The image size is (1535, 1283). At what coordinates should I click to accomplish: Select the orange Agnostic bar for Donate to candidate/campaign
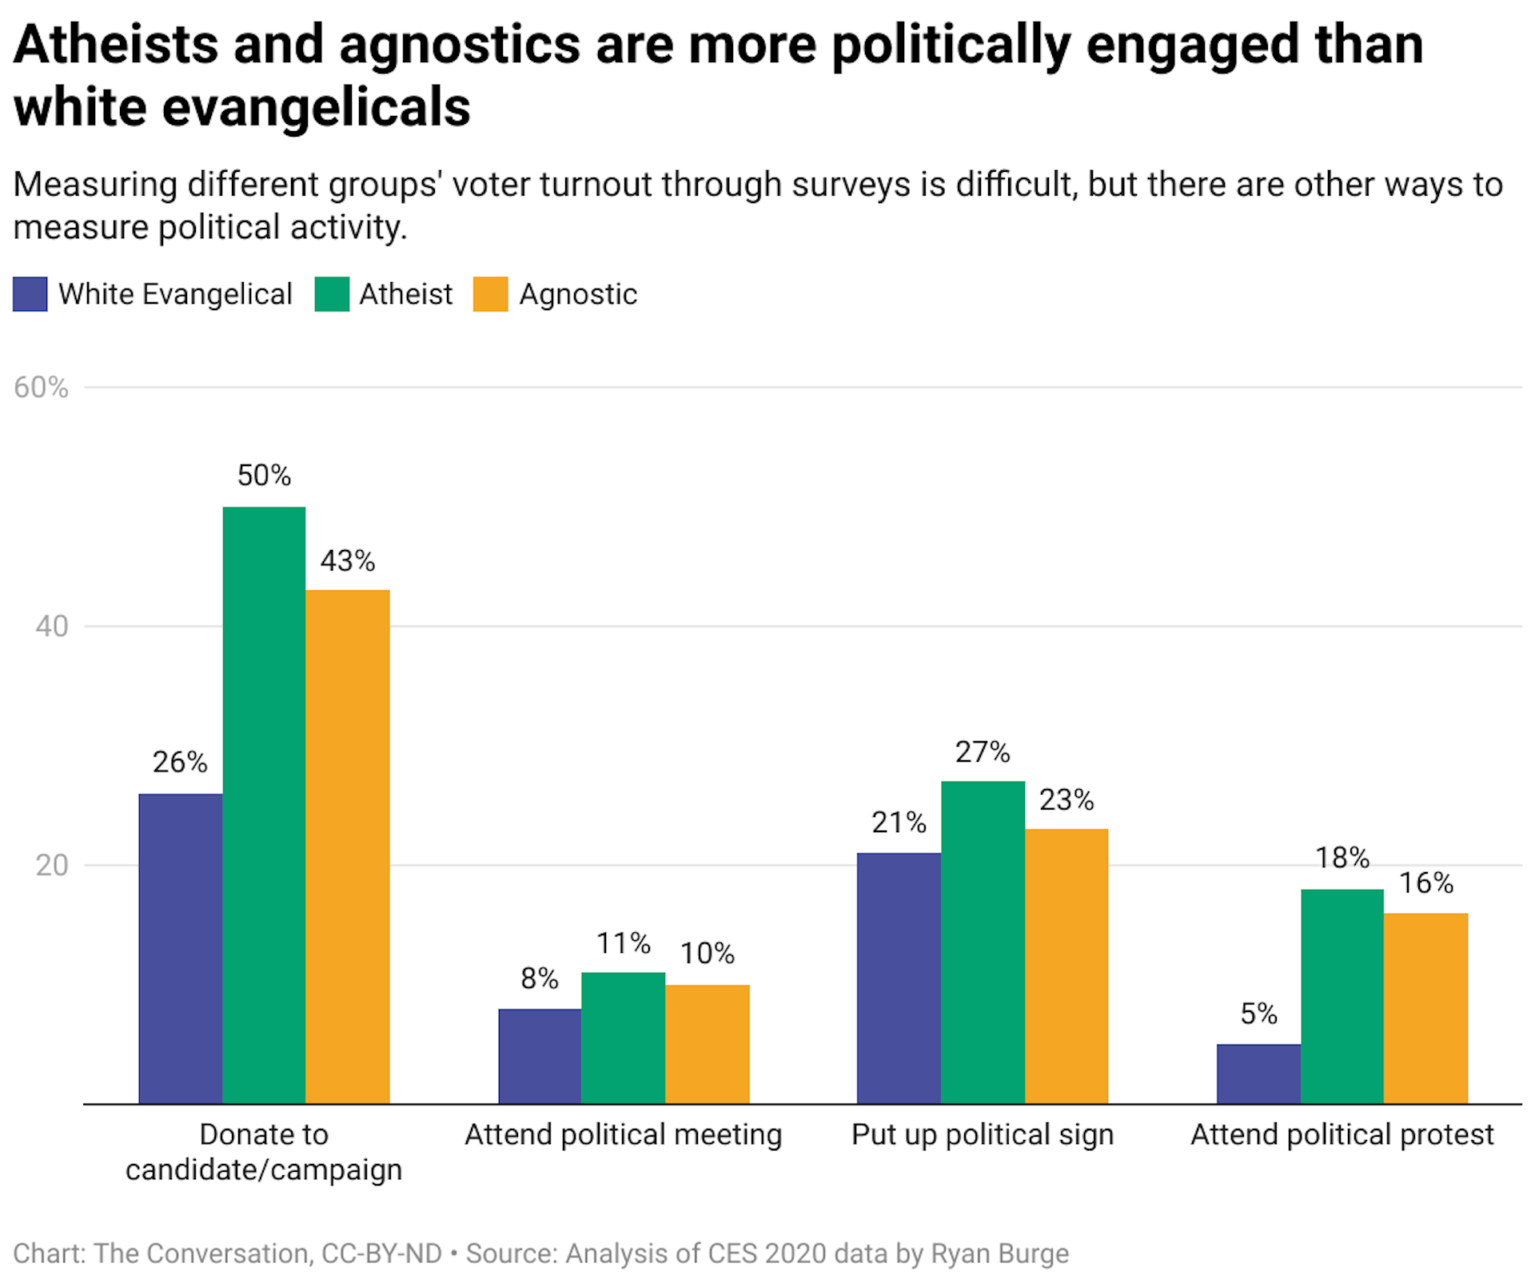tap(347, 847)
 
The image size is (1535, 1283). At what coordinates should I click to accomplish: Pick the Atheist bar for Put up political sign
tap(983, 942)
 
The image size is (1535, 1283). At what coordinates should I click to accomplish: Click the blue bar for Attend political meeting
tap(540, 1056)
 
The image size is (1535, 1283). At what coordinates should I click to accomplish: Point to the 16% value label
tap(1425, 883)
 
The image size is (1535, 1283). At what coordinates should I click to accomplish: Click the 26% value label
tap(180, 763)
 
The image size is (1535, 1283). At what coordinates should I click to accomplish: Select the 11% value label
tap(623, 943)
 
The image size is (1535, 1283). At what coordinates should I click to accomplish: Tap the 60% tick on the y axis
tap(41, 388)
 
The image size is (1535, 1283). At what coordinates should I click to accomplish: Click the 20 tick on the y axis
tap(51, 866)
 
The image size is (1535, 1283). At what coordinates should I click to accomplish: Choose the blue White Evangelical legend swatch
tap(30, 294)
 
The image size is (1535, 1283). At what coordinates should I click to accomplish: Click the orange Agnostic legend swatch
tap(490, 294)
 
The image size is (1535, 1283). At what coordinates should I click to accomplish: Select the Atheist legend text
tap(405, 294)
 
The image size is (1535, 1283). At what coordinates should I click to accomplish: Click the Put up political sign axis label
tap(982, 1135)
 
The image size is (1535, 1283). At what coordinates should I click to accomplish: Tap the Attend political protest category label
tap(1342, 1135)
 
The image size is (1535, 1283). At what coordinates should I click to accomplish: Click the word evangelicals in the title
tap(316, 108)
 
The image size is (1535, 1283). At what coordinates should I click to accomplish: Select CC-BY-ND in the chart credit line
tap(381, 1253)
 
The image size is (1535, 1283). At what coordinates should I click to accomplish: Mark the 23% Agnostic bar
tap(1066, 966)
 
